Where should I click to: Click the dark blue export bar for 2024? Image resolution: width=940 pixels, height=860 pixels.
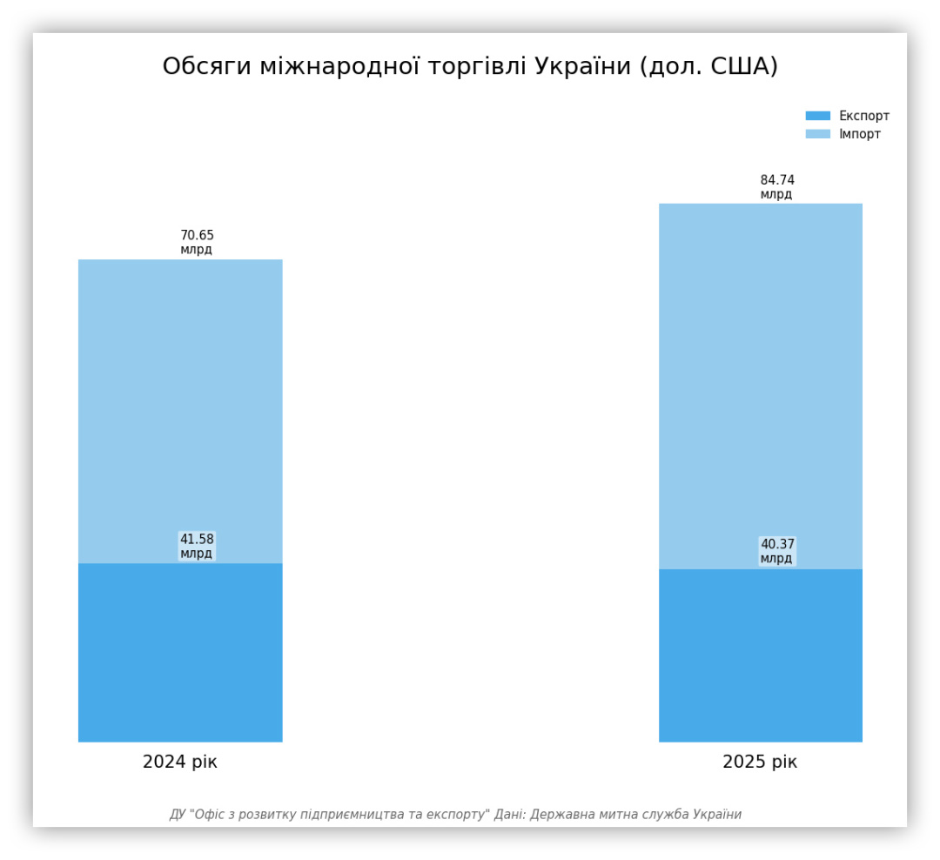tap(180, 652)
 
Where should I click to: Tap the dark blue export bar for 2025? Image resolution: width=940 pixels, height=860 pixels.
tap(760, 655)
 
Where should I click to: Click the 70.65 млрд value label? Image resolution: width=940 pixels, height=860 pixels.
tap(197, 242)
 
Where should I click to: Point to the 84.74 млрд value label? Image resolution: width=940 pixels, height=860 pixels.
tap(777, 187)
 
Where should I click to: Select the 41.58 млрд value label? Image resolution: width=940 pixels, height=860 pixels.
tap(197, 546)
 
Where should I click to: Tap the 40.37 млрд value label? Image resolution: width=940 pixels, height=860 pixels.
tap(777, 551)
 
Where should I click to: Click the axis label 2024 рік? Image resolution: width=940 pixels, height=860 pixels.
tap(180, 763)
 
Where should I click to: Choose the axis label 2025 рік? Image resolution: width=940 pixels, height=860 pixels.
tap(760, 763)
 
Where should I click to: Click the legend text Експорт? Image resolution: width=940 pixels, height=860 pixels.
tap(864, 116)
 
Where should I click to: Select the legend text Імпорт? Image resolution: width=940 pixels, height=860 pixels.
tap(860, 134)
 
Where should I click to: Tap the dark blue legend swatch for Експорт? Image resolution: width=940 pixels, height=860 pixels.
tap(818, 116)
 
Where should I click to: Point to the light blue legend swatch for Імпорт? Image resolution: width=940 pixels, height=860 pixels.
tap(818, 134)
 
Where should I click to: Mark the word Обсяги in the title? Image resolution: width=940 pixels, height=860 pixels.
tap(207, 67)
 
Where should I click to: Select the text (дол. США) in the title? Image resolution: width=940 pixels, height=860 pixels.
tap(708, 67)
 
